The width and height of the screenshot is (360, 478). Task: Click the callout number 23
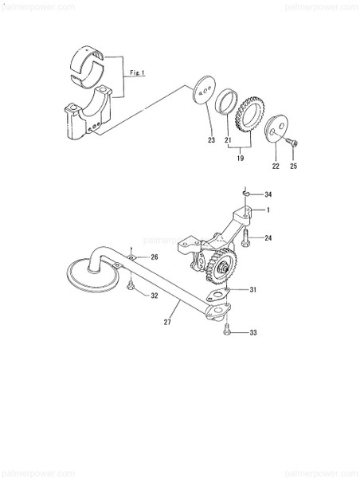pyautogui.click(x=211, y=140)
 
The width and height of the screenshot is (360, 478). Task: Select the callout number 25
pyautogui.click(x=294, y=167)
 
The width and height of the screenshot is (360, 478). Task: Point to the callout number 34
pyautogui.click(x=268, y=194)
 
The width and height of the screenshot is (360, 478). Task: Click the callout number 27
pyautogui.click(x=167, y=323)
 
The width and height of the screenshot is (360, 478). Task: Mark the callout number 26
pyautogui.click(x=155, y=257)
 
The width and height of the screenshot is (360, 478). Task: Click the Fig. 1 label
pyautogui.click(x=137, y=72)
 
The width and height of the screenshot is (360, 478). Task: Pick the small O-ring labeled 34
pyautogui.click(x=248, y=192)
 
